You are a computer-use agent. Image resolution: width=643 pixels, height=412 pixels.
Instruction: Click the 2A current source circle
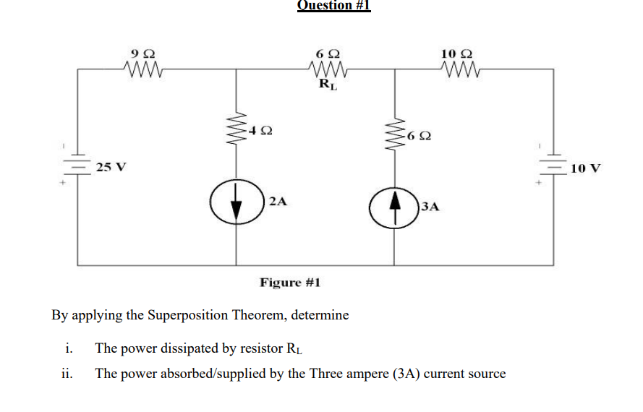point(236,202)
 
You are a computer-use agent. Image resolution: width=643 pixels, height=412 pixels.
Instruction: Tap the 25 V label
point(111,167)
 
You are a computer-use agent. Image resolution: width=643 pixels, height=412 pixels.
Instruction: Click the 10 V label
point(585,168)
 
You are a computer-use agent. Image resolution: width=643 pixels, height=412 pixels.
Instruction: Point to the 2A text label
point(278,202)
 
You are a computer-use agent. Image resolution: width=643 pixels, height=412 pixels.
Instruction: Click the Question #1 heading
point(333,6)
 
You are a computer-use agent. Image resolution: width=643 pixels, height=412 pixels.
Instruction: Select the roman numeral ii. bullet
point(66,374)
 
